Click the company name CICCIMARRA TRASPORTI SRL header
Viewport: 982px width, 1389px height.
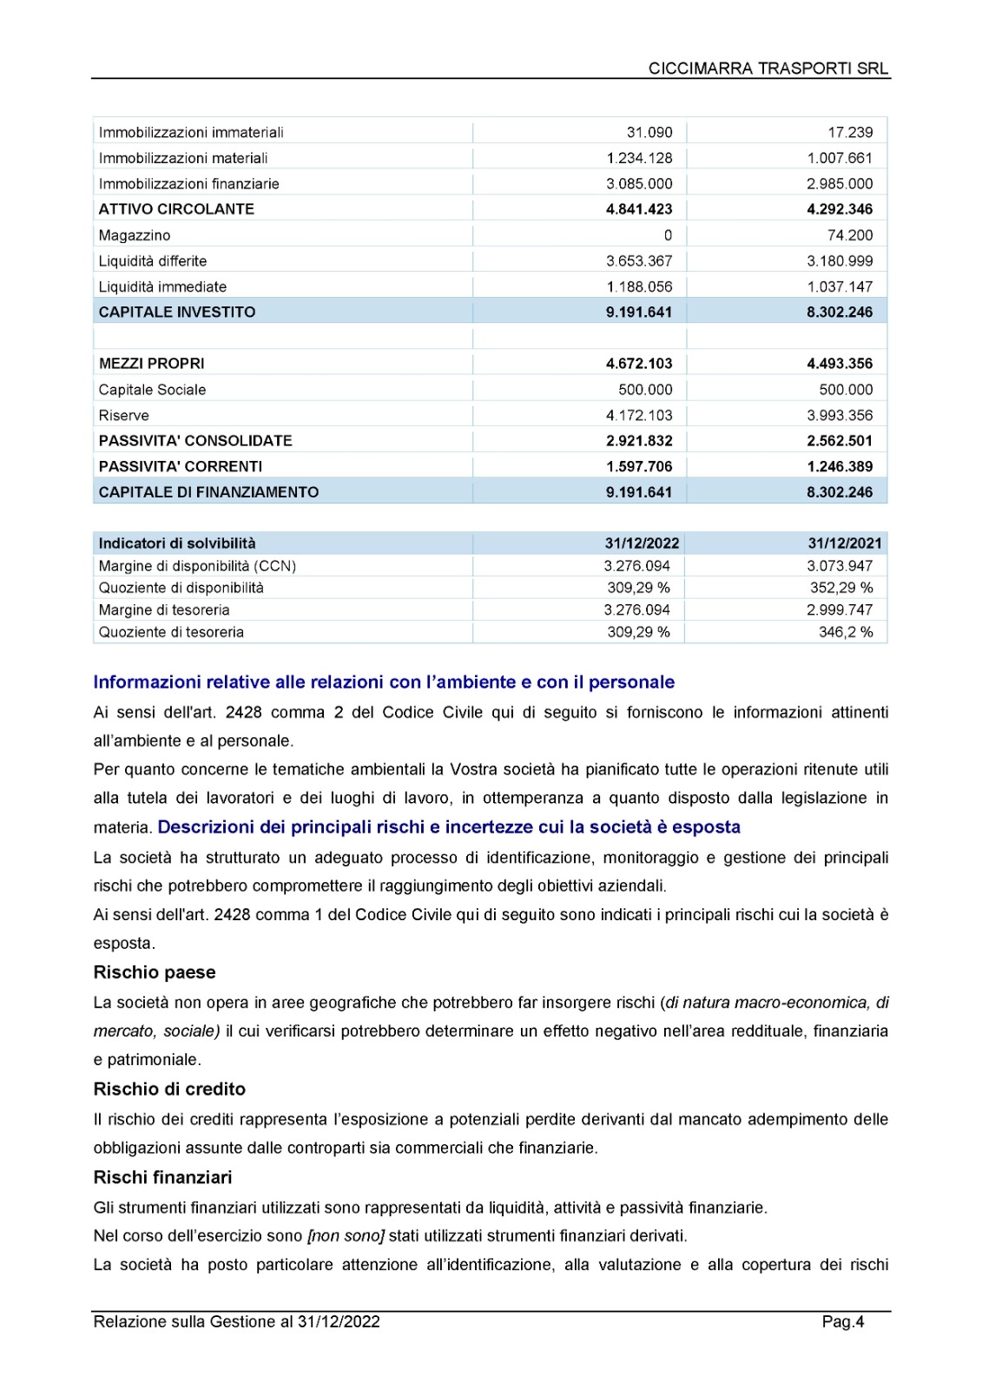point(768,69)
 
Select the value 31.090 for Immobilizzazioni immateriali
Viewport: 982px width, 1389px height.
point(649,132)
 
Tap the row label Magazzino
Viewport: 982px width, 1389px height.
point(135,235)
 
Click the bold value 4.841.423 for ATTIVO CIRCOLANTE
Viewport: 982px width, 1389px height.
point(639,209)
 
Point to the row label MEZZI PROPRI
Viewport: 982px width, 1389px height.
point(152,364)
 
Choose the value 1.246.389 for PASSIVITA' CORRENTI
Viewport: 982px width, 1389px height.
point(840,466)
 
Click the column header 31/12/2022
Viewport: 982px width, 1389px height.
point(642,543)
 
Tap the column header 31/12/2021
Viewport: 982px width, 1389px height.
point(844,543)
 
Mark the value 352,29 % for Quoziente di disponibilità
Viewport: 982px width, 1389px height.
point(841,588)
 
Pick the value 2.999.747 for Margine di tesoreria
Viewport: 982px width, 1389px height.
point(840,610)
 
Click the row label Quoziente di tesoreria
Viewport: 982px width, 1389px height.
point(171,632)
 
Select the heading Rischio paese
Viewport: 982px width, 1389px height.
point(155,972)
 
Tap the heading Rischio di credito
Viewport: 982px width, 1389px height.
point(169,1089)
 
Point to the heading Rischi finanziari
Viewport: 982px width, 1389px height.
point(162,1177)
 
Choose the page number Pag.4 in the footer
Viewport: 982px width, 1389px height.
point(843,1321)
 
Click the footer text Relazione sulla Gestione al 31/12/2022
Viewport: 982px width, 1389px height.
point(237,1321)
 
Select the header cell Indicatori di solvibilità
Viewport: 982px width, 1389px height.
point(177,543)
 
